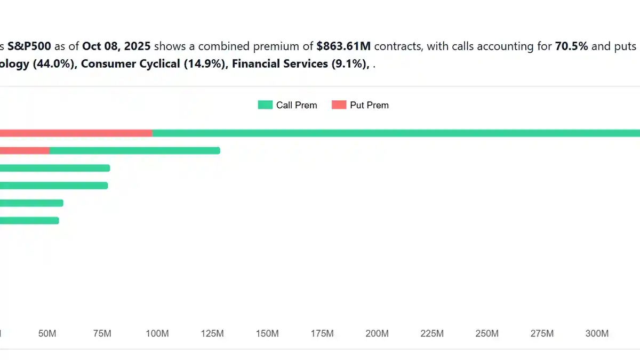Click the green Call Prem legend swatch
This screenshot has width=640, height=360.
[265, 105]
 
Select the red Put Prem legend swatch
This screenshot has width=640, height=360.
[339, 105]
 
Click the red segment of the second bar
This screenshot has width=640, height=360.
[25, 150]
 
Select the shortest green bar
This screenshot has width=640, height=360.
[29, 220]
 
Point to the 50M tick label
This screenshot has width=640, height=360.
[47, 334]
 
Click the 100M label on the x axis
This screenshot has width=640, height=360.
[157, 334]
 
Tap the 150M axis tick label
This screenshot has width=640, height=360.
[267, 334]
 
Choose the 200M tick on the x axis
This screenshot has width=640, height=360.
[377, 334]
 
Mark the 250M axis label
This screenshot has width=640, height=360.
[487, 334]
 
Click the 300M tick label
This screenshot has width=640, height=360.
[597, 334]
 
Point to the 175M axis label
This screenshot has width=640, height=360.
[322, 334]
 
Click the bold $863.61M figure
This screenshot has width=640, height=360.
[343, 46]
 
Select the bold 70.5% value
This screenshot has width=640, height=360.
[572, 46]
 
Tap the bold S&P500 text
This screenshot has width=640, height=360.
[29, 46]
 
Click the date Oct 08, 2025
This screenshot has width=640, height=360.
[116, 46]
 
